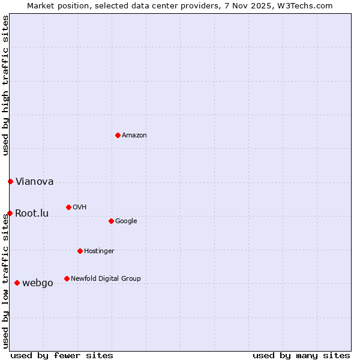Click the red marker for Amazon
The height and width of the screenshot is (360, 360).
tap(118, 135)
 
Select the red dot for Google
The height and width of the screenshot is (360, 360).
tap(111, 221)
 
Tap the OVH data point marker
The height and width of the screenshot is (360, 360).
tap(68, 207)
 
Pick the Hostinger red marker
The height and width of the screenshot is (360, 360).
tap(80, 251)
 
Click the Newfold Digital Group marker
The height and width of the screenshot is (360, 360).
tap(67, 278)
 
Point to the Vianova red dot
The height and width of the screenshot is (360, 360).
tap(10, 181)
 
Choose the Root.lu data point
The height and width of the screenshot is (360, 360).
tap(10, 213)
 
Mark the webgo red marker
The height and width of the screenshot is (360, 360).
tap(17, 283)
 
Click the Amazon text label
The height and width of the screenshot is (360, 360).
tap(134, 136)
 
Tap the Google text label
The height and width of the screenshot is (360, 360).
tap(126, 221)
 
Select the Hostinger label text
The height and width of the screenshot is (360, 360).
tap(99, 251)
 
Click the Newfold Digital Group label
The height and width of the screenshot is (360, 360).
tap(106, 279)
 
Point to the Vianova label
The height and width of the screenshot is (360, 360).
tap(34, 182)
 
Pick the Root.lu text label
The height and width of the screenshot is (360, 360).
tap(32, 214)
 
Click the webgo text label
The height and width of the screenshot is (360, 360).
tap(37, 283)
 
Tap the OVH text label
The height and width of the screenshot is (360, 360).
tap(79, 208)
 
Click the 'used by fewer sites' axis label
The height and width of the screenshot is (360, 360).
tap(62, 355)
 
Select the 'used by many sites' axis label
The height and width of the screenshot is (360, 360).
tap(301, 355)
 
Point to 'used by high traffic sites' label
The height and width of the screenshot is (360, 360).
tap(5, 85)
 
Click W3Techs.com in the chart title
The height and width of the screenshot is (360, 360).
tap(305, 5)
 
